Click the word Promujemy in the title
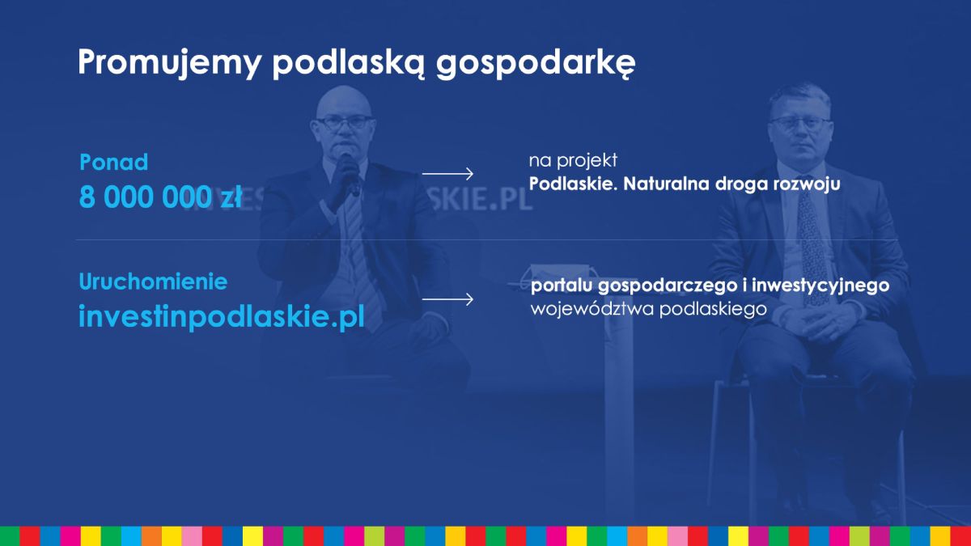(169, 64)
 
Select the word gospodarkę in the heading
(536, 65)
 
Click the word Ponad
(113, 162)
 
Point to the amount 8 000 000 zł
(160, 197)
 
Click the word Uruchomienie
(153, 281)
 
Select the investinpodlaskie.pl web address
(222, 316)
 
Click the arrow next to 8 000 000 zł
(447, 174)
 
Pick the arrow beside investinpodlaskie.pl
(447, 299)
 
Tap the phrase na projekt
(573, 161)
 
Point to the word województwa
(592, 309)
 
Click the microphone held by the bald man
(350, 173)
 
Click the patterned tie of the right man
(812, 243)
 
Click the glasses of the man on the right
(800, 125)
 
